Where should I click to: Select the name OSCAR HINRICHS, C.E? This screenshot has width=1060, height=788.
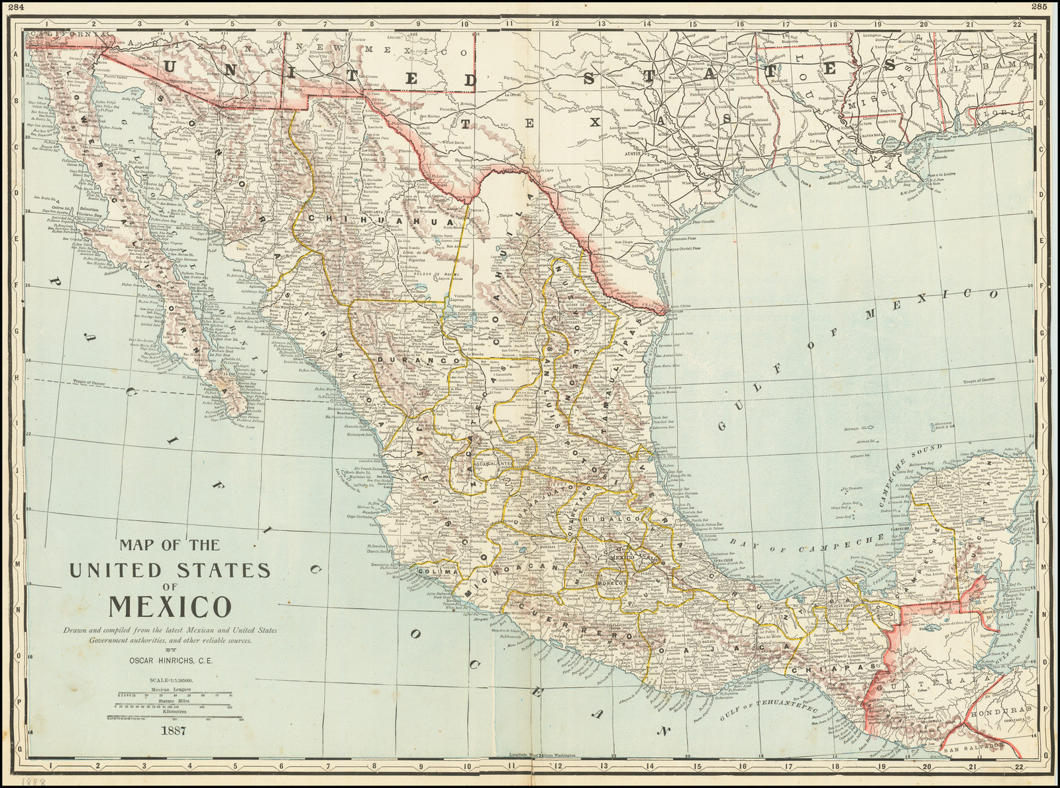pyautogui.click(x=176, y=660)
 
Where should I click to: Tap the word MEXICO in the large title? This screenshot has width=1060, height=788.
pyautogui.click(x=170, y=606)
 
